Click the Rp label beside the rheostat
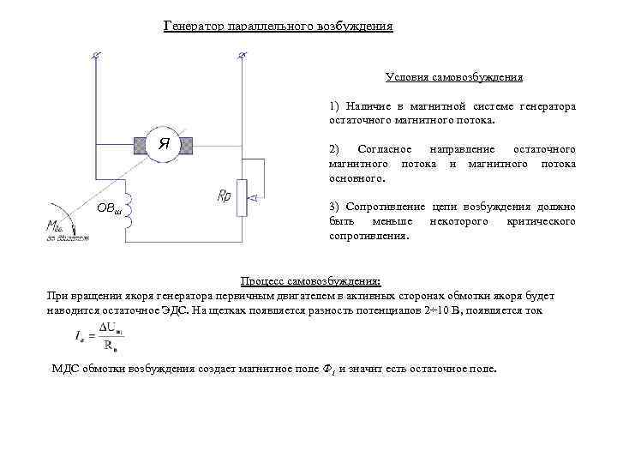[224, 196]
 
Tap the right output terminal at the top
[242, 57]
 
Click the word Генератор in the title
[194, 27]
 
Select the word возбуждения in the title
[354, 27]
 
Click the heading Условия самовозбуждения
[453, 77]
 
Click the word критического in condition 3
[541, 221]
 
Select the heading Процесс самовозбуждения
[310, 281]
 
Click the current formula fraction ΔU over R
[108, 338]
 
